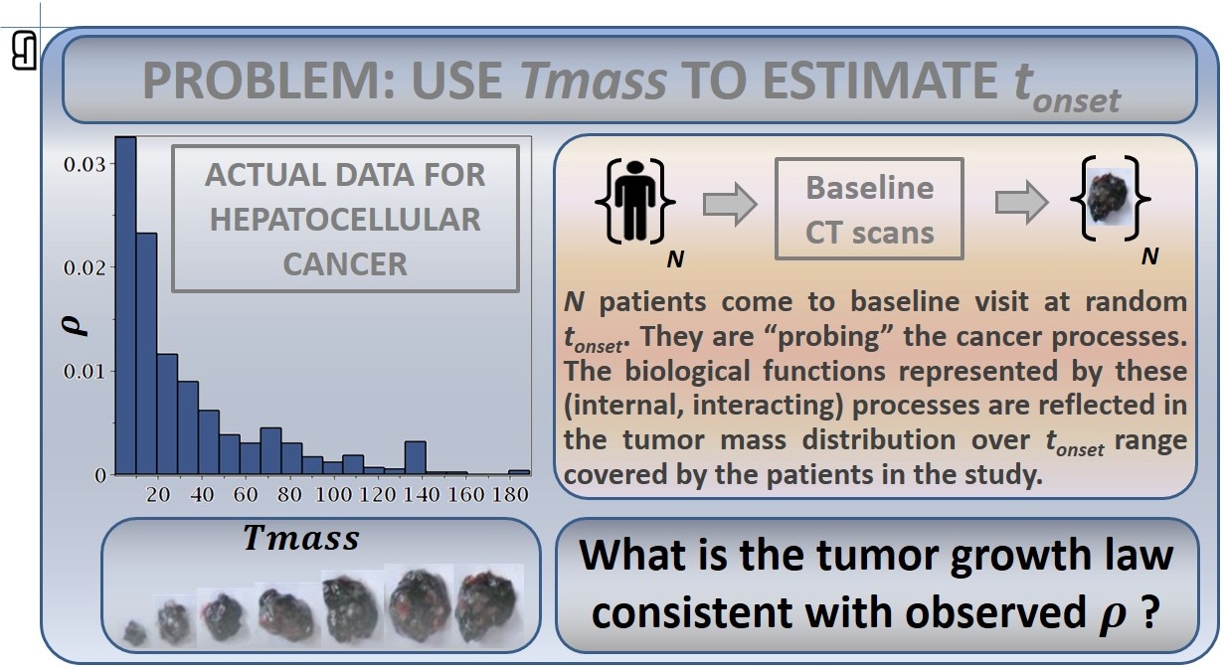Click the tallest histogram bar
click(125, 305)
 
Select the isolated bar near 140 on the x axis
click(416, 457)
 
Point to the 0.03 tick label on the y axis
click(85, 164)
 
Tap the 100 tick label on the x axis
click(333, 494)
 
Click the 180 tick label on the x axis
click(510, 494)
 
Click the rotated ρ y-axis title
click(74, 325)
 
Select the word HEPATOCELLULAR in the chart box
click(345, 220)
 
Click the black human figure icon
click(635, 200)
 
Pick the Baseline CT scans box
click(870, 209)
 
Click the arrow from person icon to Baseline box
click(730, 204)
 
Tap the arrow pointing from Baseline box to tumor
click(1022, 203)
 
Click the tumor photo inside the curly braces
click(1109, 196)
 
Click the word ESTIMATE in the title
click(881, 81)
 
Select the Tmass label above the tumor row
click(301, 538)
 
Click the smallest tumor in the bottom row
click(134, 633)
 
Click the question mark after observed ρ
click(1149, 612)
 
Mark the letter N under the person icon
click(675, 258)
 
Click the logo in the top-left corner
click(24, 50)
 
